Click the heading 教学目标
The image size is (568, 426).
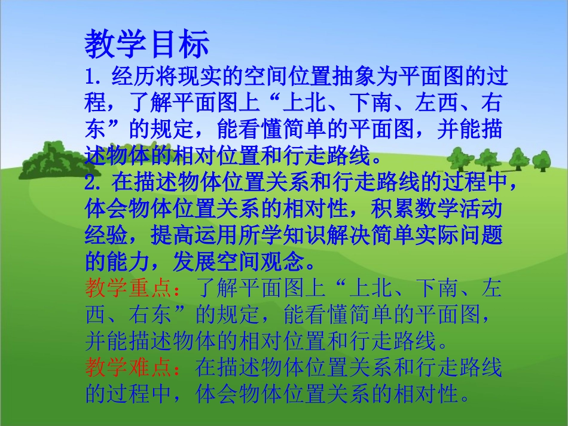pyautogui.click(x=147, y=44)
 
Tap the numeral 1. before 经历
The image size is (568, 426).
pyautogui.click(x=95, y=79)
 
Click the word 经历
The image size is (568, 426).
pyautogui.click(x=127, y=79)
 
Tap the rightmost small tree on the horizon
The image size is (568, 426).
pyautogui.click(x=541, y=160)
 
